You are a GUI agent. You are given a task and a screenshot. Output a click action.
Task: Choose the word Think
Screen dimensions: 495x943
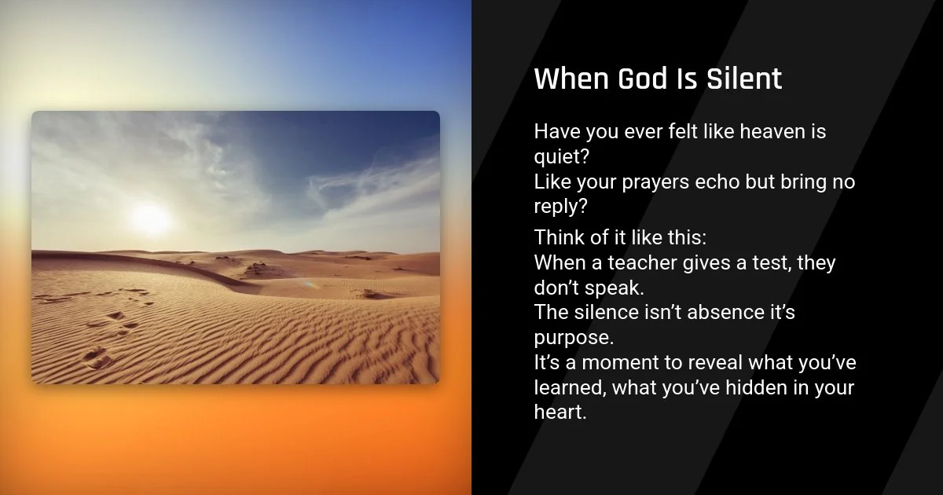(560, 237)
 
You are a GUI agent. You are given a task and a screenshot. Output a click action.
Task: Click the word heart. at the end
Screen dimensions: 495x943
(560, 412)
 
